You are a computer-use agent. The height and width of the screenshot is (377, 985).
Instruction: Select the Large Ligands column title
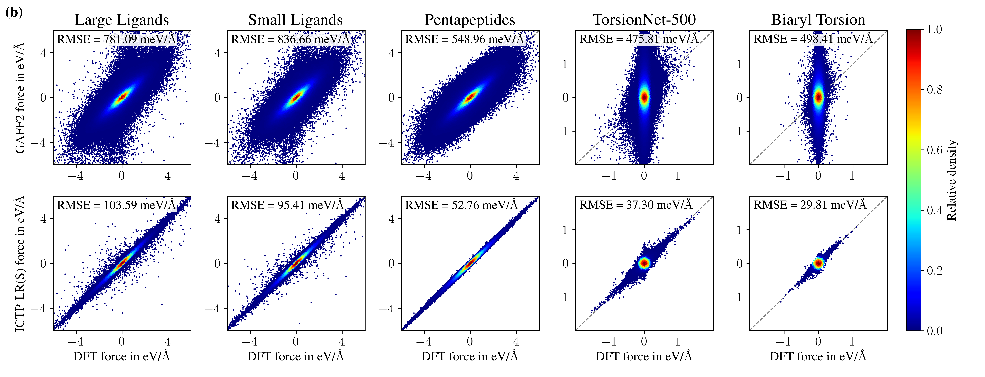tap(122, 20)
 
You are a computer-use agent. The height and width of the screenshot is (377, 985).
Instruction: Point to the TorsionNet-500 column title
tap(644, 20)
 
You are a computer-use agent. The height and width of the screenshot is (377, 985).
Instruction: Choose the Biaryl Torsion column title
tap(818, 20)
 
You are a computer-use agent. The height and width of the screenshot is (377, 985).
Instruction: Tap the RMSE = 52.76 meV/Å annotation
tap(462, 205)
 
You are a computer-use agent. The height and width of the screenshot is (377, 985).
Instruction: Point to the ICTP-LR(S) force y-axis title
tap(20, 264)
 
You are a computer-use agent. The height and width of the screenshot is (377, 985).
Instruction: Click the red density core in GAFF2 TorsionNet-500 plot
tap(644, 97)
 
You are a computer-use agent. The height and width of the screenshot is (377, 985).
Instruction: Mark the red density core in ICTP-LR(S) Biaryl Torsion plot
tap(818, 263)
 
